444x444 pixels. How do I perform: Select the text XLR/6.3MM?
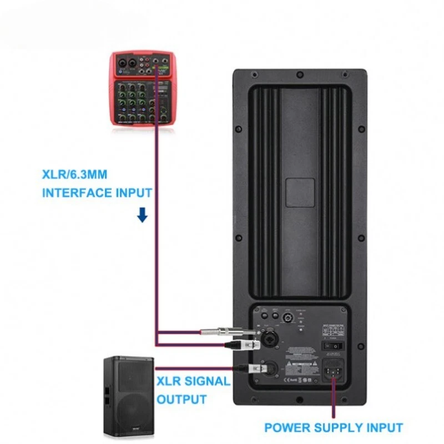(x=74, y=175)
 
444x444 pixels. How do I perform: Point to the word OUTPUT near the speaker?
(x=182, y=399)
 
